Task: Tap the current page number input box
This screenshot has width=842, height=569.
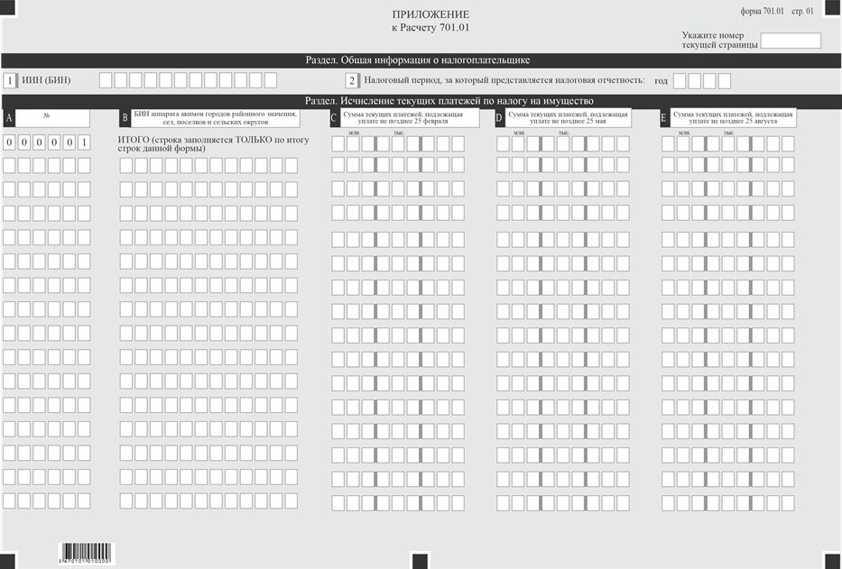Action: click(x=791, y=41)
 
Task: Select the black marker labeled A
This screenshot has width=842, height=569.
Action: click(x=8, y=118)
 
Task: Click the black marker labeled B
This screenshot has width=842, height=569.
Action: click(x=125, y=118)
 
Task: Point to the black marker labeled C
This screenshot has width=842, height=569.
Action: click(x=334, y=118)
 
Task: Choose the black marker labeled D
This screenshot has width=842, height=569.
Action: click(x=500, y=118)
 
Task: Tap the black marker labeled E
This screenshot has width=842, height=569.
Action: click(x=664, y=118)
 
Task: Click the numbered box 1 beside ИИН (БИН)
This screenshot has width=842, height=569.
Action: click(x=9, y=80)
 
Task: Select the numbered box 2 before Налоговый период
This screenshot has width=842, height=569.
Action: click(x=352, y=80)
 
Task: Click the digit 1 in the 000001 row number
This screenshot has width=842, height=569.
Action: click(x=84, y=142)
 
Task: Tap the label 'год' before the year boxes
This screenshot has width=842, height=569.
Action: click(x=661, y=81)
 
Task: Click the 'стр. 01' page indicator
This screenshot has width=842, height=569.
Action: click(x=803, y=11)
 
